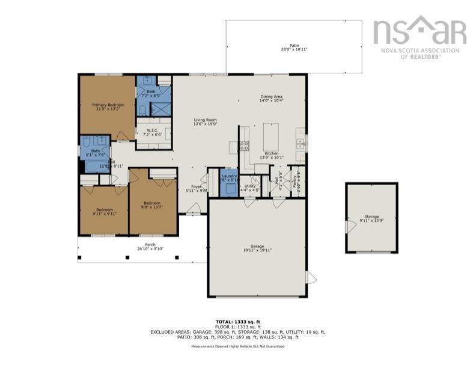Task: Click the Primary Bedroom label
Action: tap(107, 107)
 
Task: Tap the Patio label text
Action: tap(294, 47)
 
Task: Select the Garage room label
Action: tap(257, 249)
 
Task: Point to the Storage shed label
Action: tap(371, 218)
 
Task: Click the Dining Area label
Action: tap(271, 98)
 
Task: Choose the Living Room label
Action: tap(205, 121)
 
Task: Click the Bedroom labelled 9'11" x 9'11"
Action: tap(104, 212)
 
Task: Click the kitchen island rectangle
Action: tap(271, 137)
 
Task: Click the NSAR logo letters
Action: tap(420, 31)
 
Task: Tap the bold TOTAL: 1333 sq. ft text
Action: tap(238, 322)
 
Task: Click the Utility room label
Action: tap(250, 188)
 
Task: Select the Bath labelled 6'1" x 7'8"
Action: tap(95, 153)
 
